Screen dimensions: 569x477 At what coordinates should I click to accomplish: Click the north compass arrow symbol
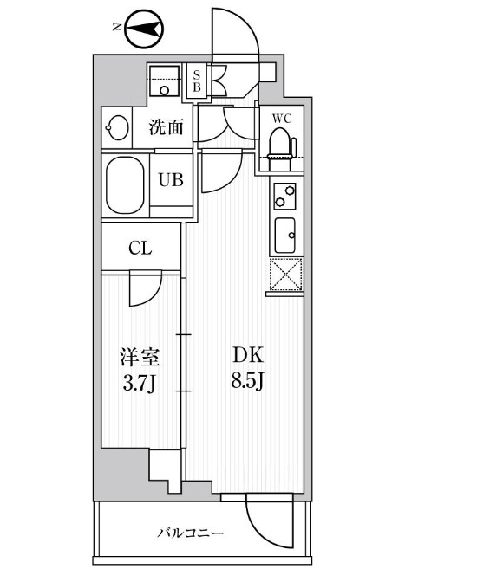144,31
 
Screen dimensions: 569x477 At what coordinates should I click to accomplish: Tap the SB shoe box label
197,81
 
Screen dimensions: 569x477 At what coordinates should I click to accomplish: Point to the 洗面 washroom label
166,127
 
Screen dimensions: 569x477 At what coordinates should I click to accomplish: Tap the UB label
169,180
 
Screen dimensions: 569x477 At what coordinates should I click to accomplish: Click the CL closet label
140,248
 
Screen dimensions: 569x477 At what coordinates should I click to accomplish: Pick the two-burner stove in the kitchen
284,197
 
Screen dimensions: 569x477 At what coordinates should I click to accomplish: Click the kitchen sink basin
284,232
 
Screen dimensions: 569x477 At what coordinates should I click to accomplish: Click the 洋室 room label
140,357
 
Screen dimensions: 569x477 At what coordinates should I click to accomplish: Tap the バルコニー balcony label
192,533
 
